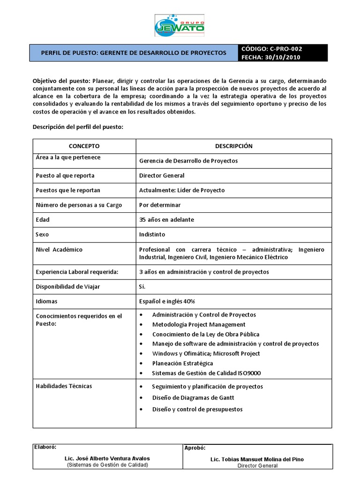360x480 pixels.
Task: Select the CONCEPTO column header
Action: pyautogui.click(x=84, y=146)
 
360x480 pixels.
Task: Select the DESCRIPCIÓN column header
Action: pyautogui.click(x=233, y=146)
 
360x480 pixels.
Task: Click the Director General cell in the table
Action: pyautogui.click(x=162, y=176)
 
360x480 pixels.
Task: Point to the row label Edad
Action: pyautogui.click(x=43, y=220)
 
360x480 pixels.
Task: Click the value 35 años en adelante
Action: pyautogui.click(x=166, y=220)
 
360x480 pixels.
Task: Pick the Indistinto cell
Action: pyautogui.click(x=152, y=234)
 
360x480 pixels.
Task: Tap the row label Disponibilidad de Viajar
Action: pyautogui.click(x=68, y=287)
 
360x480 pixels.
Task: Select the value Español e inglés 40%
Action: pyautogui.click(x=167, y=301)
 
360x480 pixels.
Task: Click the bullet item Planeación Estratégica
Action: pyautogui.click(x=182, y=363)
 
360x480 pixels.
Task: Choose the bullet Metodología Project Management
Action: pyautogui.click(x=199, y=324)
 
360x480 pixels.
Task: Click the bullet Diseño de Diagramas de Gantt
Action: pyautogui.click(x=193, y=398)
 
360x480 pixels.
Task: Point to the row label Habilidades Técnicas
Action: pyautogui.click(x=64, y=386)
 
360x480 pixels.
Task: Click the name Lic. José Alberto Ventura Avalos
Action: pyautogui.click(x=107, y=458)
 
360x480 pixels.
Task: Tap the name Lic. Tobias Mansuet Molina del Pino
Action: pyautogui.click(x=257, y=459)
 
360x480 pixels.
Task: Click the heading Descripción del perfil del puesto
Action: pyautogui.click(x=78, y=127)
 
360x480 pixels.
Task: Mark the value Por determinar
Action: pyautogui.click(x=160, y=205)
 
